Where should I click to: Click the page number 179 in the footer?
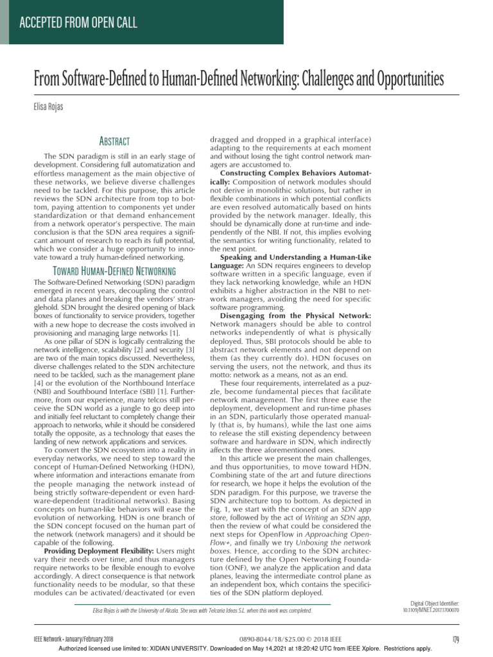pyautogui.click(x=455, y=638)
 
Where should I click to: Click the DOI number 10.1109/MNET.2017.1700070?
pyautogui.click(x=431, y=610)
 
